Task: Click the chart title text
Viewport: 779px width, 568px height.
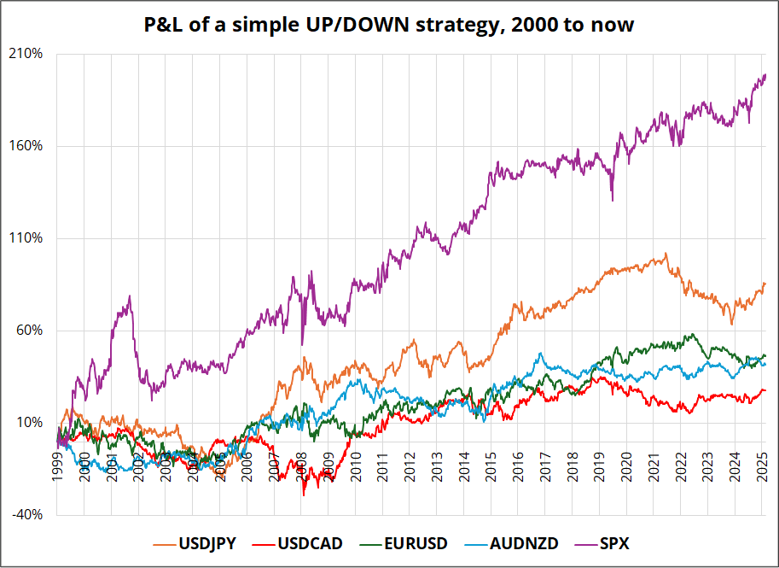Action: (388, 25)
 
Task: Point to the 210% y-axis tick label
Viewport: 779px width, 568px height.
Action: (26, 54)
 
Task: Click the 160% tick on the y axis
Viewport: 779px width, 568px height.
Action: (26, 146)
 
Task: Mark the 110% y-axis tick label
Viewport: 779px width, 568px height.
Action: (26, 238)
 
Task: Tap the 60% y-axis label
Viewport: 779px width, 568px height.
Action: (30, 331)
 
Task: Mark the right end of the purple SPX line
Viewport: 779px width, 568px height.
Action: (765, 75)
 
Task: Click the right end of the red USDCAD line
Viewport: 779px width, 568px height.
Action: (765, 390)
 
